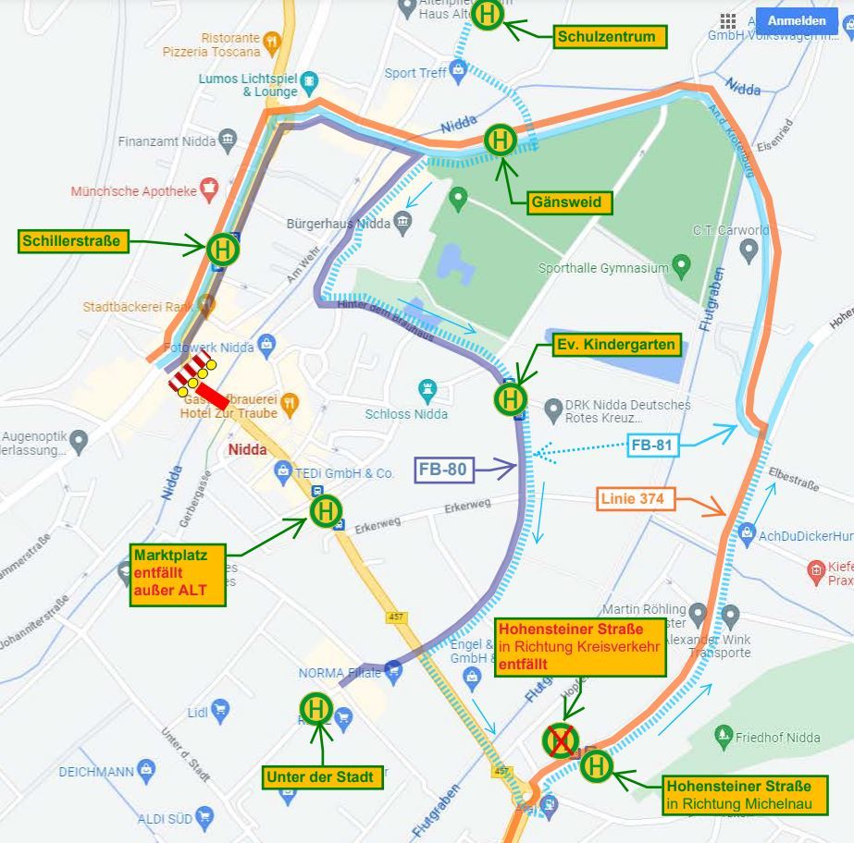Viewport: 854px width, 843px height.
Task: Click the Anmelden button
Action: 797,20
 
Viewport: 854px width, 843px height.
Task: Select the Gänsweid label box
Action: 566,202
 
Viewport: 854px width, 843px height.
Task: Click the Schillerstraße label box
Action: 72,242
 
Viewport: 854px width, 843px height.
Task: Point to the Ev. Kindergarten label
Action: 616,345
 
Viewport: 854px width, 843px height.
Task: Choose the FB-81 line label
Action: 653,446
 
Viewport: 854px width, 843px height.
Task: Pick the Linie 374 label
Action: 637,500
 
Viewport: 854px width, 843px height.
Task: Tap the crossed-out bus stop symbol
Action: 561,739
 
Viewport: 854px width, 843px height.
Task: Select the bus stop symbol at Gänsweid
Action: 501,140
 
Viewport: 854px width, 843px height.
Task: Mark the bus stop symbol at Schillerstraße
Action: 223,249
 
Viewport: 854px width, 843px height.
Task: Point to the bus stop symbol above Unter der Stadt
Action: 316,709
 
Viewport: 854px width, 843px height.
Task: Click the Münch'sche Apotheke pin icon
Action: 209,189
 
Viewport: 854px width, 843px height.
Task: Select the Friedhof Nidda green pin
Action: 724,737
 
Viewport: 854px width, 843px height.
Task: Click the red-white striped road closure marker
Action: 190,372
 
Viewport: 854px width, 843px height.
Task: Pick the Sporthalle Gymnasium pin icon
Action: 682,267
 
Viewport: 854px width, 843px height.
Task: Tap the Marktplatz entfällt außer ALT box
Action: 179,574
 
